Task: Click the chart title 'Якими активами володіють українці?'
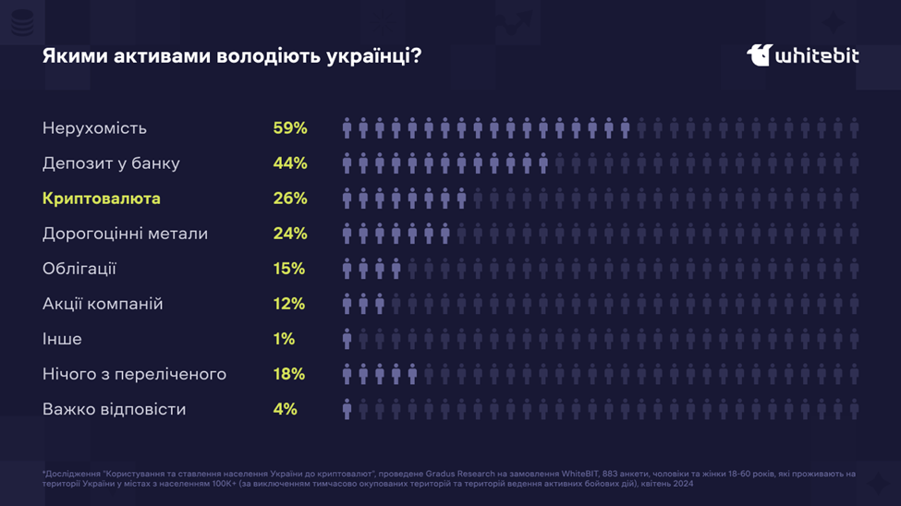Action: click(232, 56)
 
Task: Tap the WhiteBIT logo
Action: click(802, 55)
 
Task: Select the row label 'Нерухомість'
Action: click(94, 128)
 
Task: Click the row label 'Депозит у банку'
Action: click(111, 163)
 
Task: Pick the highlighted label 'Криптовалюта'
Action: click(102, 199)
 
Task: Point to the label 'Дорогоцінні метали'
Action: click(125, 234)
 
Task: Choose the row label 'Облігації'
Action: click(79, 269)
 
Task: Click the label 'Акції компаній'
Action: click(103, 304)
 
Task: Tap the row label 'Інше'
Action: click(62, 339)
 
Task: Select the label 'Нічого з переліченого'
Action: click(134, 374)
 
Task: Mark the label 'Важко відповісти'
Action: click(114, 409)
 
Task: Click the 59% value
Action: click(290, 128)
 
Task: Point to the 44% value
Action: click(290, 163)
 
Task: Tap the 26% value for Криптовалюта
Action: click(290, 199)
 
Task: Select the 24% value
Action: click(290, 234)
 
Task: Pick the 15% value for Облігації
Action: click(289, 269)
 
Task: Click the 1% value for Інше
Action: click(284, 339)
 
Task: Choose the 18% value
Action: click(289, 374)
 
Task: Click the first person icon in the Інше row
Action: click(347, 339)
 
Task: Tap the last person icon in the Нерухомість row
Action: click(854, 128)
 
